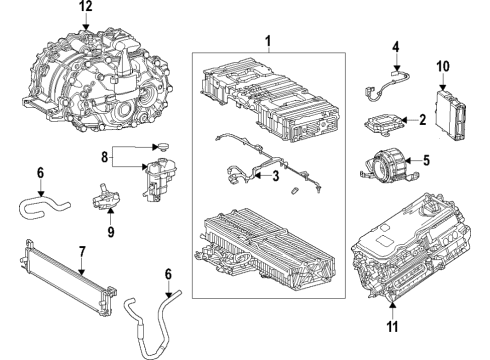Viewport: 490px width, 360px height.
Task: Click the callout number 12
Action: click(85, 7)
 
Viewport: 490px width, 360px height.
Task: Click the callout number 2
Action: click(424, 120)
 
